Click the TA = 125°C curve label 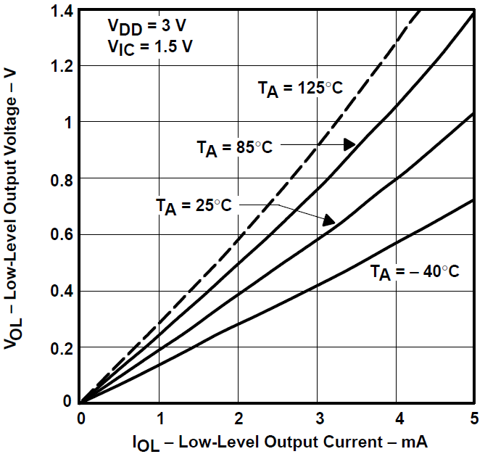pos(299,88)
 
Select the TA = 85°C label pos(234,147)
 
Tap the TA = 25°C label pos(194,205)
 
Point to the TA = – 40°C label pos(415,273)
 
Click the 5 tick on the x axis pos(473,418)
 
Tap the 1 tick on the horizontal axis pos(159,418)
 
